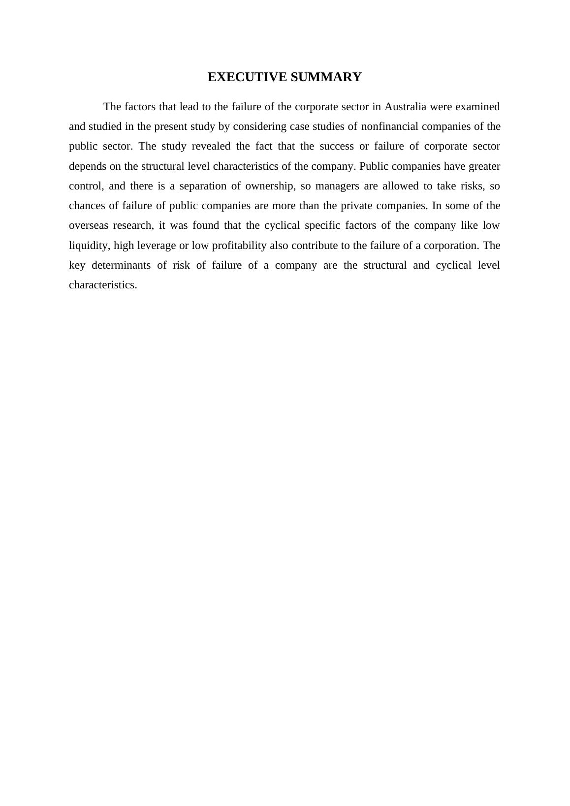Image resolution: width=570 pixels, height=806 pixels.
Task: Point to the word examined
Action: tap(477, 107)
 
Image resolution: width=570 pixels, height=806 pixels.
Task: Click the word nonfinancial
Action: tap(389, 126)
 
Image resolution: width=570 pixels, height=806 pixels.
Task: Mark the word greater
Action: tap(482, 166)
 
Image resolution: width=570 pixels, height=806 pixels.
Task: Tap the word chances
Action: tap(86, 206)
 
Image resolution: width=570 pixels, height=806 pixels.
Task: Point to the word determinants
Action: tap(121, 265)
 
